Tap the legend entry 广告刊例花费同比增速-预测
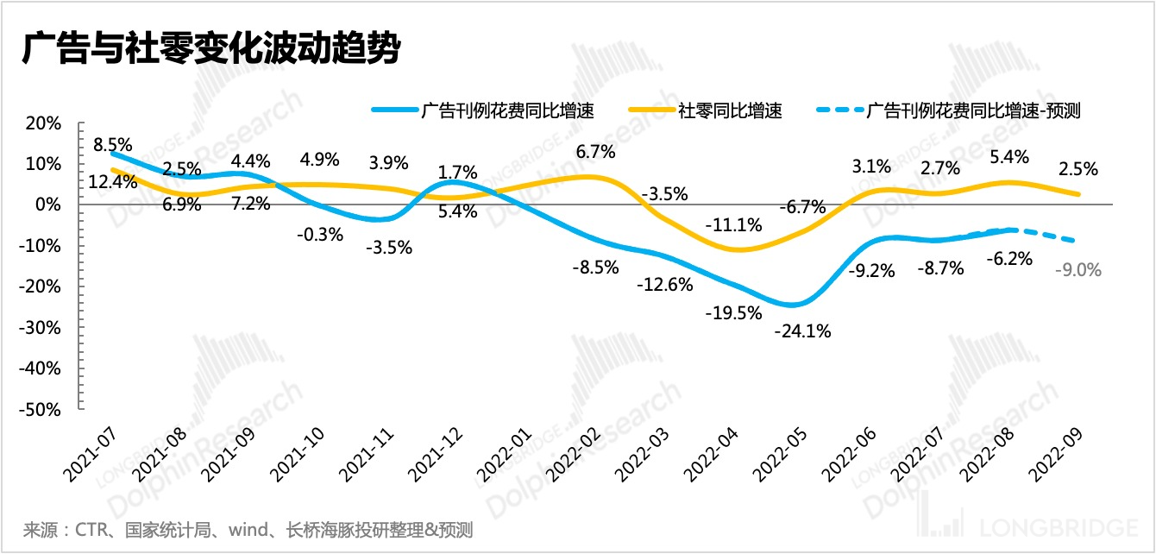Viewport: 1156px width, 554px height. [x=973, y=110]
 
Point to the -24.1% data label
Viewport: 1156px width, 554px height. [x=802, y=331]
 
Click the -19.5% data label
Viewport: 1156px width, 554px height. [x=733, y=312]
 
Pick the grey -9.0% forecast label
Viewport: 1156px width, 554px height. [x=1077, y=270]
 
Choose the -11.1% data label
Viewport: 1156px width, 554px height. [x=733, y=225]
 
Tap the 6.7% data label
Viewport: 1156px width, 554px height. [x=594, y=153]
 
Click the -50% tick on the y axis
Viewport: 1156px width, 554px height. [x=42, y=409]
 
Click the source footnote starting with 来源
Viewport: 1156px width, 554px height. [x=248, y=529]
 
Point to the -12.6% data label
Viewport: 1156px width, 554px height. [x=664, y=285]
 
